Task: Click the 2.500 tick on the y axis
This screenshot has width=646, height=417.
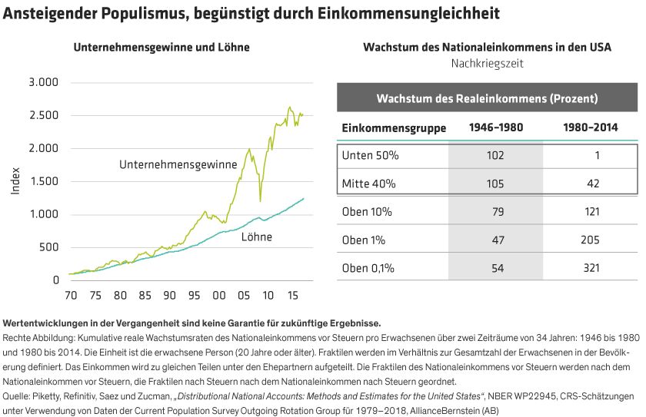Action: tap(43, 115)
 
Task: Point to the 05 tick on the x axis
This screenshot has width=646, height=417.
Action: tap(244, 295)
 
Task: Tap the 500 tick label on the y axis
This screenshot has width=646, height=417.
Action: tap(48, 247)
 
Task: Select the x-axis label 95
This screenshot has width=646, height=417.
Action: tap(194, 295)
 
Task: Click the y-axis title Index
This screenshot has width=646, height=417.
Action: tap(15, 181)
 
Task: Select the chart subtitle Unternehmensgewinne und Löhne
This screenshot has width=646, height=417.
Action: tap(161, 48)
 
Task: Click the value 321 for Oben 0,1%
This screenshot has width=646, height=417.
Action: tap(591, 267)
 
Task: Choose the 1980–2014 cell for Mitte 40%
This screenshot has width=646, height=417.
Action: tap(591, 184)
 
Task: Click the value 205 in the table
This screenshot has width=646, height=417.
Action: tap(591, 240)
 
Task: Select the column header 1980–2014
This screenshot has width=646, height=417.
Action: tap(591, 127)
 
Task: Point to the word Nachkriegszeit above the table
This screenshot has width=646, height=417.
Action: tap(487, 64)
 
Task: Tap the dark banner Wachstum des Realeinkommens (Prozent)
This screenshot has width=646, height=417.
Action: tap(487, 98)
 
